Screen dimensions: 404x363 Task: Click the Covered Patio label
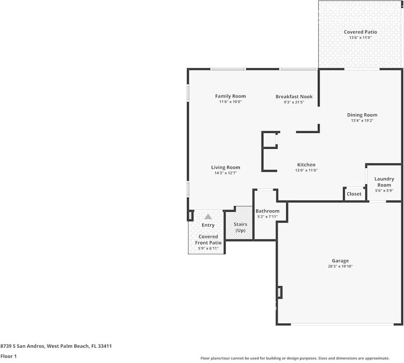(360, 32)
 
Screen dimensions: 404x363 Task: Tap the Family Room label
(230, 96)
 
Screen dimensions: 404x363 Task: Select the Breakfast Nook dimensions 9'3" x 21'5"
(294, 102)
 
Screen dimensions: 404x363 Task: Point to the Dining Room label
(362, 115)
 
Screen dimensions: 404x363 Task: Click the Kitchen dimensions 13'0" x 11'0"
(306, 170)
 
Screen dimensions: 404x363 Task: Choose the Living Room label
(226, 167)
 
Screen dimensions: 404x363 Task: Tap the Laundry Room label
(384, 182)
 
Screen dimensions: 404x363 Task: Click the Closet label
(354, 194)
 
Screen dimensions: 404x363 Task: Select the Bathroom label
(267, 211)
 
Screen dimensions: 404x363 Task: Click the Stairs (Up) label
(240, 227)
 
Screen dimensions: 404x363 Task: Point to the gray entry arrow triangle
(208, 217)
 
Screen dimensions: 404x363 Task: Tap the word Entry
(208, 225)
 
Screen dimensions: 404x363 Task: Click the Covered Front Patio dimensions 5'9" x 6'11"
(208, 248)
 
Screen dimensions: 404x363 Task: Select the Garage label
(340, 261)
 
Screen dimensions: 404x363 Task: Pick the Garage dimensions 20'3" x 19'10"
(340, 266)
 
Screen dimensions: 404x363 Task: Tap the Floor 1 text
(9, 356)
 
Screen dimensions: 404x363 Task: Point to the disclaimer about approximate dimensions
(295, 358)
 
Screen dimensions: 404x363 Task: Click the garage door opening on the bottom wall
(342, 324)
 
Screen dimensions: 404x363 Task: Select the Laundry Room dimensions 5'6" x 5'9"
(384, 191)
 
